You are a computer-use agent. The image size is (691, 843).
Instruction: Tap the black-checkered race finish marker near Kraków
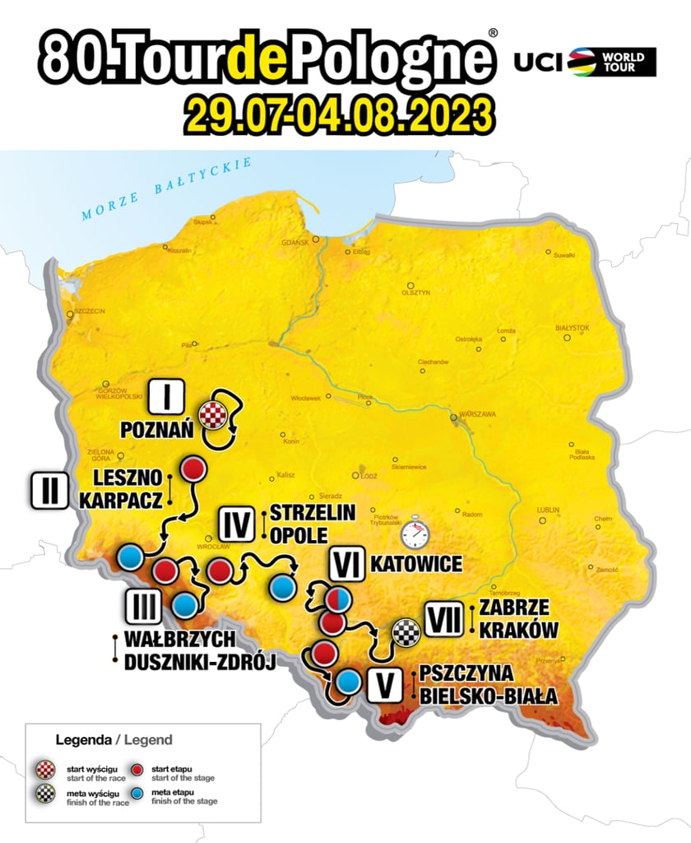click(406, 632)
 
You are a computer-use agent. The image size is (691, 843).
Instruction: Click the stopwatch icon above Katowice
click(415, 533)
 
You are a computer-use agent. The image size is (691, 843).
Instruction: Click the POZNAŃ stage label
click(156, 431)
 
